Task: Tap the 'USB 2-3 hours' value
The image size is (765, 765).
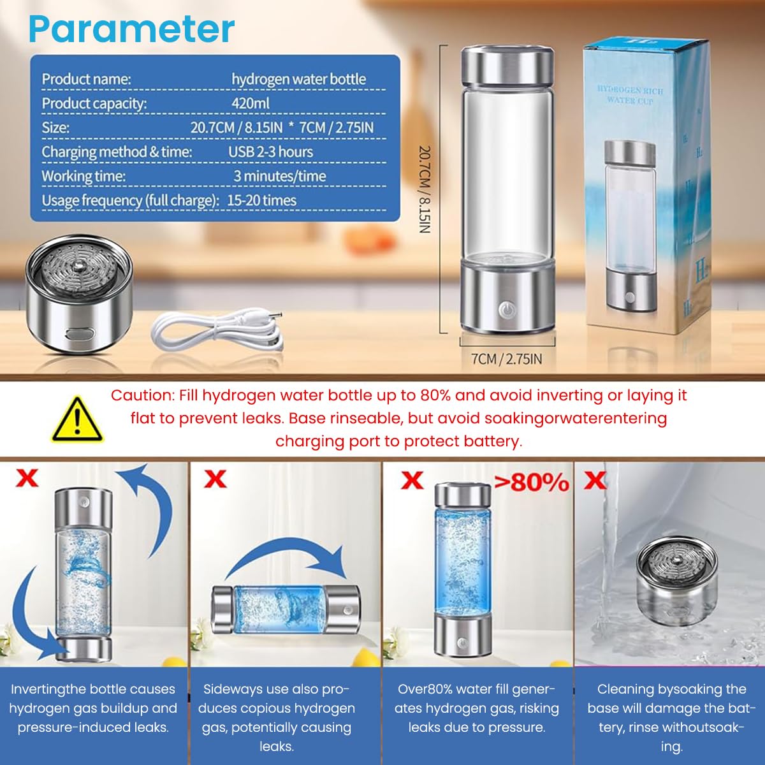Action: point(270,152)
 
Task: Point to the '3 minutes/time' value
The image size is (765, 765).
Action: point(279,176)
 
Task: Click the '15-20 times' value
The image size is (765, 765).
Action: point(261,200)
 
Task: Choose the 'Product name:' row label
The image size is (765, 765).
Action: point(86,79)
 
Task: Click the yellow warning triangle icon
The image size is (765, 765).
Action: point(76,419)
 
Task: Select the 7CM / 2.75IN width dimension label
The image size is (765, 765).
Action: point(507,359)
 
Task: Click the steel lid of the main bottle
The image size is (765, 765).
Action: point(507,66)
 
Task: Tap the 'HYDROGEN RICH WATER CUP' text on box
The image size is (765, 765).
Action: point(630,95)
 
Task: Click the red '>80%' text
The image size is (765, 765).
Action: point(532,482)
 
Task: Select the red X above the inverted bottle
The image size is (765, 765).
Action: point(26,477)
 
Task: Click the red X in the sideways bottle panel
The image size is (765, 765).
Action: point(215,478)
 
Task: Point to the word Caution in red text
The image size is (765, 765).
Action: point(141,395)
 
